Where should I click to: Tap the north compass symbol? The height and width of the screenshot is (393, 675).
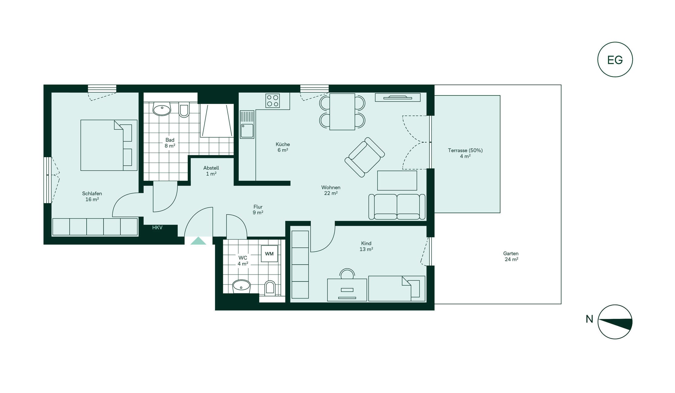click(x=615, y=322)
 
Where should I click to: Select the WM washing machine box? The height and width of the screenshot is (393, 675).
click(x=269, y=254)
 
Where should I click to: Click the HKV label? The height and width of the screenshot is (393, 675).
click(x=157, y=228)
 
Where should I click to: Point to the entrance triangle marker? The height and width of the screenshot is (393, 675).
click(x=198, y=241)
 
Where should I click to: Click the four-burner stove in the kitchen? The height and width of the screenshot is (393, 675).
click(x=273, y=101)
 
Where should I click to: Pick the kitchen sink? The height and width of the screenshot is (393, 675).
click(x=247, y=125)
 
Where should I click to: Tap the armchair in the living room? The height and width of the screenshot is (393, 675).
click(x=365, y=157)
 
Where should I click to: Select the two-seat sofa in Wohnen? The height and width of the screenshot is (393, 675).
click(x=397, y=207)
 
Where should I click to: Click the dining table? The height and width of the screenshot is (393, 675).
click(x=342, y=112)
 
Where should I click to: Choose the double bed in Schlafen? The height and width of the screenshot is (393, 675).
click(x=109, y=145)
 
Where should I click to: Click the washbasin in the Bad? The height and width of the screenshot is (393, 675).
click(x=162, y=109)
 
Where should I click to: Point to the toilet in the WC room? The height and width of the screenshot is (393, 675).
click(x=270, y=288)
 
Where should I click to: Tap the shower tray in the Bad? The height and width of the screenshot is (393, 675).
click(x=217, y=121)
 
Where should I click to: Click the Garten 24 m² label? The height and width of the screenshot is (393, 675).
click(x=511, y=256)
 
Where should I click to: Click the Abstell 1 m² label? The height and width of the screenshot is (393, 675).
click(x=211, y=171)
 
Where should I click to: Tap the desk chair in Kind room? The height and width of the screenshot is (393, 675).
click(x=347, y=274)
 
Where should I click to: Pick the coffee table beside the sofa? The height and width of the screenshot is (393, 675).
click(x=397, y=180)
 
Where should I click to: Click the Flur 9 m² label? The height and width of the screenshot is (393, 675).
click(x=258, y=209)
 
